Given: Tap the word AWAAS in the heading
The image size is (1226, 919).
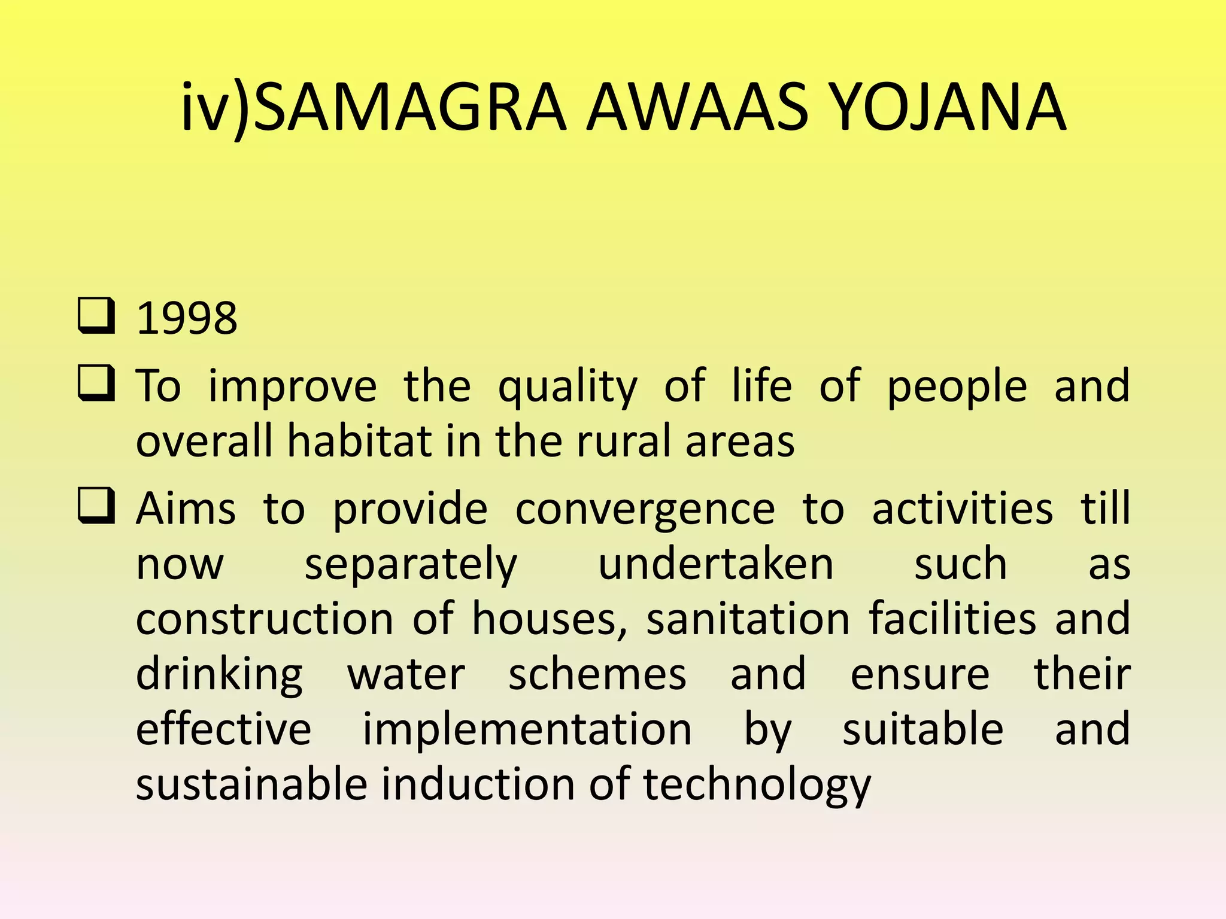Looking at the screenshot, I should pos(697,108).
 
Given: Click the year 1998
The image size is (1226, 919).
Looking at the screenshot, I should pos(187,318).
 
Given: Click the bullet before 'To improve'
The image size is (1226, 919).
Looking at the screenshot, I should pos(96,384).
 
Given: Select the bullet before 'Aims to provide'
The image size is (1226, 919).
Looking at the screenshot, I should pos(96,506).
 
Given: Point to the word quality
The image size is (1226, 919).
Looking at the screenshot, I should pos(568,388).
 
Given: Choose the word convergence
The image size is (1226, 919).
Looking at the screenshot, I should pos(645,510).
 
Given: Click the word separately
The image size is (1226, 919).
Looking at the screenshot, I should pos(411,565).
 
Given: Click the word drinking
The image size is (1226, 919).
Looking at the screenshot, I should pos(219,675).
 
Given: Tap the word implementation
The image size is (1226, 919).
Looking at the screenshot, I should pos(527,730).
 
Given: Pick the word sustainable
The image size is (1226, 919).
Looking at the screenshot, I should pos(251,784).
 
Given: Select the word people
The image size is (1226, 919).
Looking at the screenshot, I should pos(957,388).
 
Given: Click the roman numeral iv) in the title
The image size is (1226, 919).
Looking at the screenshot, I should pos(216,108).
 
